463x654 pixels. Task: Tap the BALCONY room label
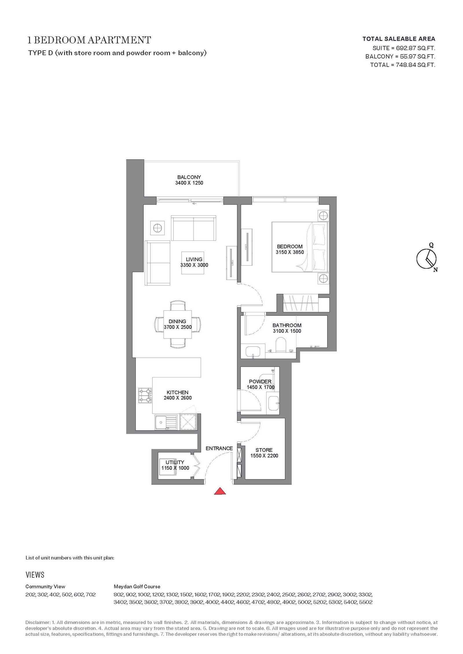pos(189,177)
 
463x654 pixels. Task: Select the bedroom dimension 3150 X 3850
pos(290,252)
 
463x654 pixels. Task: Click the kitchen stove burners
pos(145,396)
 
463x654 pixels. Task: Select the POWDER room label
pos(260,381)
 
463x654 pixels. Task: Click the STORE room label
pos(264,450)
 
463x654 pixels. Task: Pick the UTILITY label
pos(175,462)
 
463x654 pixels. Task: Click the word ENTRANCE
pos(219,448)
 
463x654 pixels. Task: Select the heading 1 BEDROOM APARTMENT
pos(89,40)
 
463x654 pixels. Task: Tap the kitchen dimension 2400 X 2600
pos(178,398)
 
